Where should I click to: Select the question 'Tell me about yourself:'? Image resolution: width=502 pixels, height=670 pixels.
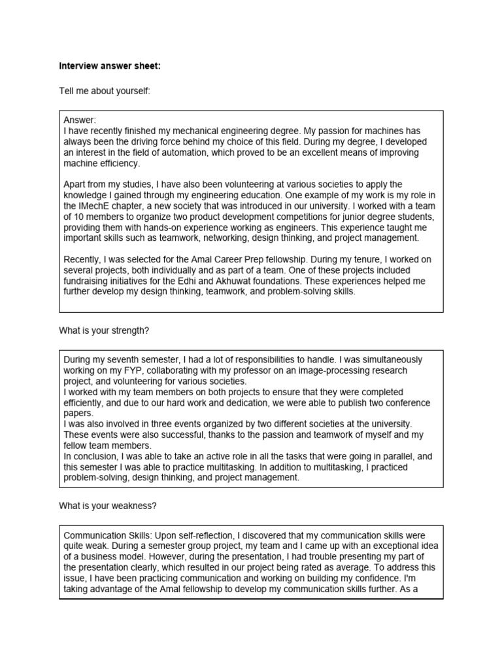point(105,90)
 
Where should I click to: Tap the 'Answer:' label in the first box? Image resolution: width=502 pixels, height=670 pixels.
point(80,120)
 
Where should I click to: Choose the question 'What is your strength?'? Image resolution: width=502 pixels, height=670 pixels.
point(104,330)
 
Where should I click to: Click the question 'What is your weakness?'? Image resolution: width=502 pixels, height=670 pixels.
point(108,505)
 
